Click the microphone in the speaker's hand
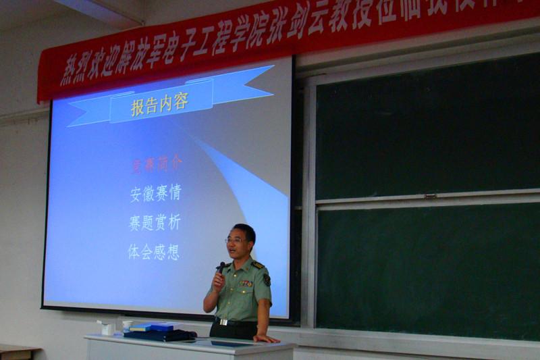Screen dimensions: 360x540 221,267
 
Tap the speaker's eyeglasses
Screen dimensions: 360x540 236,240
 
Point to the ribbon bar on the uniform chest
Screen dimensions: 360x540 246,284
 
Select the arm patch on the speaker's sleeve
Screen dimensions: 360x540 267,279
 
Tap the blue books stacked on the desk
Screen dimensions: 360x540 152,328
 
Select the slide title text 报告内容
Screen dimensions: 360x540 159,104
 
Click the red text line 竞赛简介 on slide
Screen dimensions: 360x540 156,163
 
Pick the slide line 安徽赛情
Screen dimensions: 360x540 155,193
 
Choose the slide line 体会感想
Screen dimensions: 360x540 154,252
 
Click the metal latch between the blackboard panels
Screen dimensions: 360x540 430,196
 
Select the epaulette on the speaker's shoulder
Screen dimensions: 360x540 259,265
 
